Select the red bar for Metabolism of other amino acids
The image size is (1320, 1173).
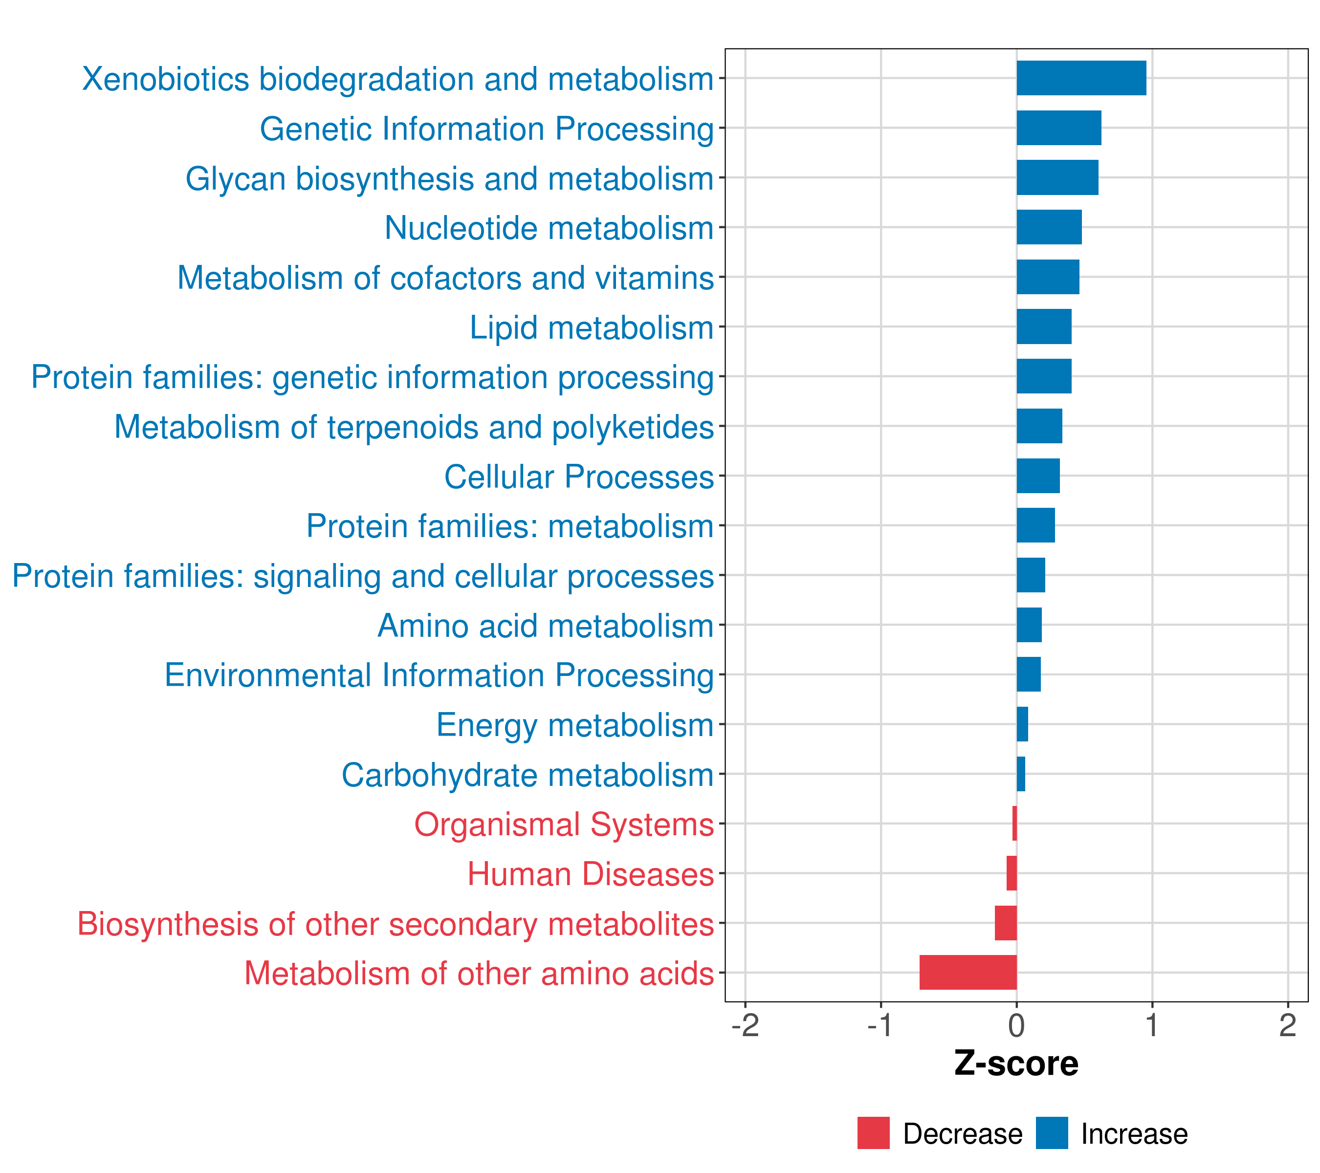[x=968, y=972]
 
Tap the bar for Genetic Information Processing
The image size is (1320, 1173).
[x=1058, y=128]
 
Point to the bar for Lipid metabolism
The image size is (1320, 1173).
[x=1044, y=326]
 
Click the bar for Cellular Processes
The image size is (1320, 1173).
[x=1038, y=476]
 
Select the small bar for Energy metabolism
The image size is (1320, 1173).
[x=1022, y=724]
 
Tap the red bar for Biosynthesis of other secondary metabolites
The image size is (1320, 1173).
[x=1006, y=923]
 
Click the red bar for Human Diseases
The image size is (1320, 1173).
[x=1012, y=873]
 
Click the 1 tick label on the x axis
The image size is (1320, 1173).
[x=1152, y=1025]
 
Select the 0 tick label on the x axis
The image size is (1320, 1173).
[x=1016, y=1025]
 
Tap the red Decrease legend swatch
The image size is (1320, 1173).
[x=873, y=1133]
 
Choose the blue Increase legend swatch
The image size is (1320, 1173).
[x=1051, y=1133]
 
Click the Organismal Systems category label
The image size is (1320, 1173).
[x=564, y=825]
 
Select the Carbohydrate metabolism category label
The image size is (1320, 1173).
[x=527, y=775]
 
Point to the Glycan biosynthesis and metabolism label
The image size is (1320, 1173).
[x=449, y=178]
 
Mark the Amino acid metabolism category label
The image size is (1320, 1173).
[x=545, y=626]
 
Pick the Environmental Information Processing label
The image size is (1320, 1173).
[x=439, y=675]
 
